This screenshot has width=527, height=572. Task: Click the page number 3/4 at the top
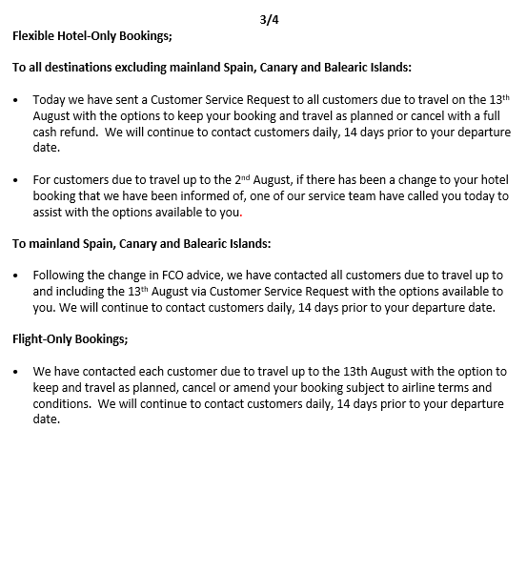click(270, 19)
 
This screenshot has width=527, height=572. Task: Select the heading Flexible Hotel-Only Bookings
click(91, 36)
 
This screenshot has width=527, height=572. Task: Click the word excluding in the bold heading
click(172, 68)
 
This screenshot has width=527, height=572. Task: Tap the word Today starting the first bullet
click(51, 99)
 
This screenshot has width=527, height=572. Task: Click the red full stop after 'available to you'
click(242, 214)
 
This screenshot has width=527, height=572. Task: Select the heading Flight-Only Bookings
click(70, 338)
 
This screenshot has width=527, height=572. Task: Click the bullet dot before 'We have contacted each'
click(17, 372)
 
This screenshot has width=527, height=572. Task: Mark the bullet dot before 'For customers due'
click(17, 180)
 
